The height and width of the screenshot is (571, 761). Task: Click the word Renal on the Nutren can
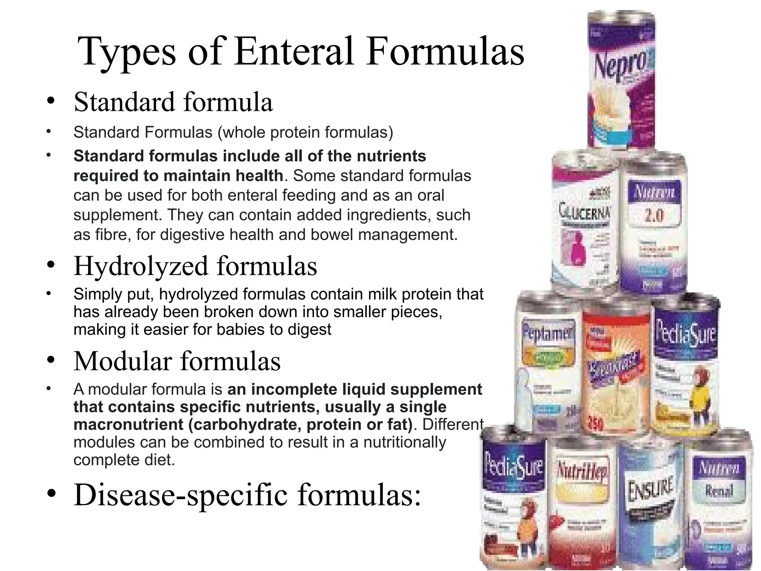719,491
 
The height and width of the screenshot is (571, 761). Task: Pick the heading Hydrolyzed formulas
195,266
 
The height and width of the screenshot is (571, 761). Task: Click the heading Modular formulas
177,361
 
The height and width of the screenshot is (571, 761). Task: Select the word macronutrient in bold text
129,425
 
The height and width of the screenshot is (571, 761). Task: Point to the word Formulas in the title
445,52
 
